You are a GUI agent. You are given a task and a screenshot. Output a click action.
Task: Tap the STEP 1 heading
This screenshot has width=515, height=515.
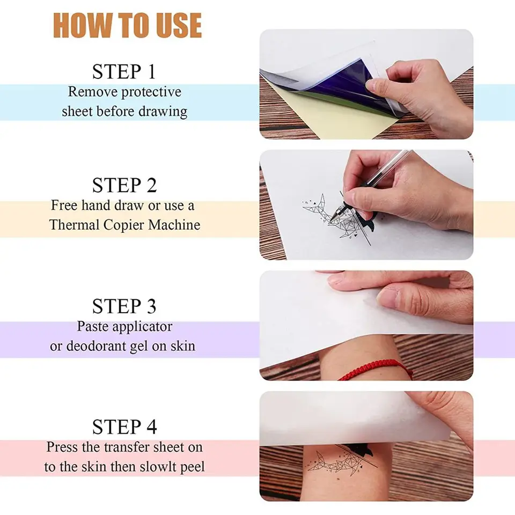click(x=124, y=71)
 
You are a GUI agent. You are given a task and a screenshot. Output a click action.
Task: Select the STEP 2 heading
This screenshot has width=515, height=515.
click(x=124, y=185)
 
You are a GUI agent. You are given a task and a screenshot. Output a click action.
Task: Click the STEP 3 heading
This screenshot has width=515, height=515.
click(x=124, y=306)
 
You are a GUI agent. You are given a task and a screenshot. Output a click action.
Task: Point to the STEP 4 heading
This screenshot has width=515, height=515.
click(x=124, y=428)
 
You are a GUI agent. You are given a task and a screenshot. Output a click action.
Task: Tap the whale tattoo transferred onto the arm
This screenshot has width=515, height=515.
click(x=343, y=461)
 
